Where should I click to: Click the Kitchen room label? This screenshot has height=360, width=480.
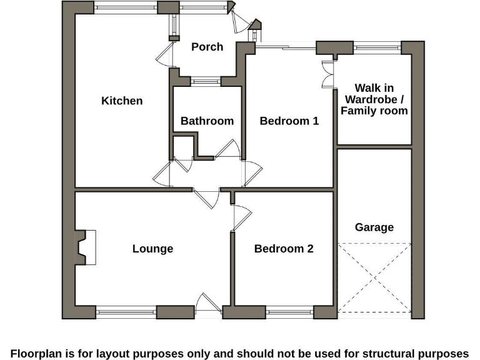pyautogui.click(x=122, y=101)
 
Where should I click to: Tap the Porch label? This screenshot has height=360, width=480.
pyautogui.click(x=207, y=47)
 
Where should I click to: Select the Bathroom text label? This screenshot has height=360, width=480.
pyautogui.click(x=207, y=121)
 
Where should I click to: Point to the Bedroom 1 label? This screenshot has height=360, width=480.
pyautogui.click(x=289, y=121)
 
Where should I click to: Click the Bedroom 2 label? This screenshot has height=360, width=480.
pyautogui.click(x=284, y=249)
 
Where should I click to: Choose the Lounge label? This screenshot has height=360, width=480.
pyautogui.click(x=152, y=249)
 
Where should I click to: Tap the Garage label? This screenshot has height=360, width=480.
pyautogui.click(x=374, y=227)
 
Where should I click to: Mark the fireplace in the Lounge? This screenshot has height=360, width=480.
pyautogui.click(x=85, y=247)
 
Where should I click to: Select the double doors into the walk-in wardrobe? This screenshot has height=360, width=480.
pyautogui.click(x=326, y=76)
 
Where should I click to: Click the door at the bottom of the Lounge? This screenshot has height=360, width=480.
pyautogui.click(x=207, y=304)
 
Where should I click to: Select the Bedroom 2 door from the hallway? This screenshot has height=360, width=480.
pyautogui.click(x=241, y=217)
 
